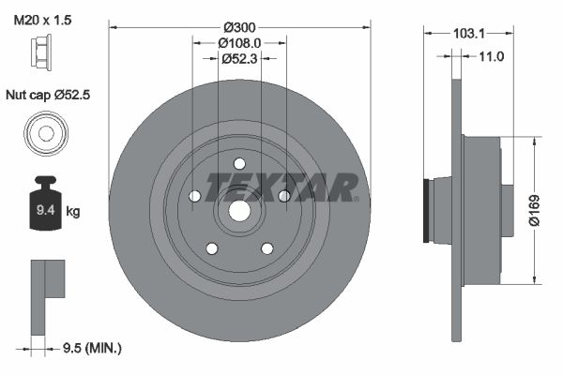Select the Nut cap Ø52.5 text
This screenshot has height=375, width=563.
point(49,95)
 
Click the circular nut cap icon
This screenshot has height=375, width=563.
point(44,131)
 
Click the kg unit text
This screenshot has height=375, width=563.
point(73,212)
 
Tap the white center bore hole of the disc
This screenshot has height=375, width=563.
point(239,212)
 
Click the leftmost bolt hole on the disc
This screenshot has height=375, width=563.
point(194,197)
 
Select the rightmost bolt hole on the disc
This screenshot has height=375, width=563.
point(283,195)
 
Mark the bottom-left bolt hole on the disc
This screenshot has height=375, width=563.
point(212,248)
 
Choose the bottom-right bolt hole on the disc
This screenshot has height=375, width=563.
point(266,248)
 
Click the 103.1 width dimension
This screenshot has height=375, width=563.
point(468,33)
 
